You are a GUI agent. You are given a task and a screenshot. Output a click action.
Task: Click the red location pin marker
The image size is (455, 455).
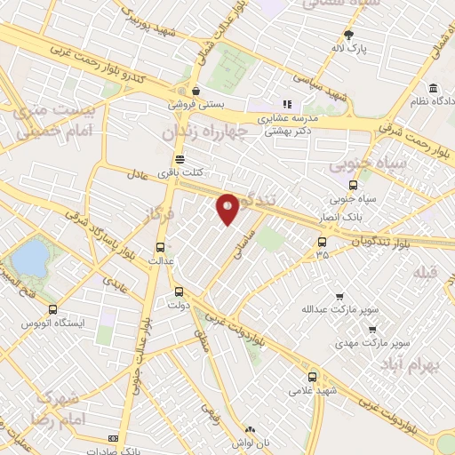(x=228, y=209)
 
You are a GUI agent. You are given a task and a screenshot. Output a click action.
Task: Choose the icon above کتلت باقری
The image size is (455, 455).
(x=181, y=160)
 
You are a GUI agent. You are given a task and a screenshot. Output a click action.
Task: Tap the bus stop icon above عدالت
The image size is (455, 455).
(x=160, y=248)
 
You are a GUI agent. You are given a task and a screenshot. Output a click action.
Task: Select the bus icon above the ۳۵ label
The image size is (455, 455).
(x=322, y=241)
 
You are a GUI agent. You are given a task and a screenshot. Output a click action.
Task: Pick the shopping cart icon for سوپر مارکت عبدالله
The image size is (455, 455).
(x=339, y=297)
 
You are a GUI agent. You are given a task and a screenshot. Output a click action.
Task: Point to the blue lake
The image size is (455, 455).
(x=30, y=259)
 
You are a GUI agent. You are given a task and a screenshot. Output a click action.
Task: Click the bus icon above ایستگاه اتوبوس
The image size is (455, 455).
(x=52, y=310)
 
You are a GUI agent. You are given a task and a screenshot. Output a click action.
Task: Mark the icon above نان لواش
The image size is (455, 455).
(x=251, y=428)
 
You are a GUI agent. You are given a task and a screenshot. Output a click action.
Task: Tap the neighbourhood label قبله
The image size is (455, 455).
(x=426, y=273)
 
